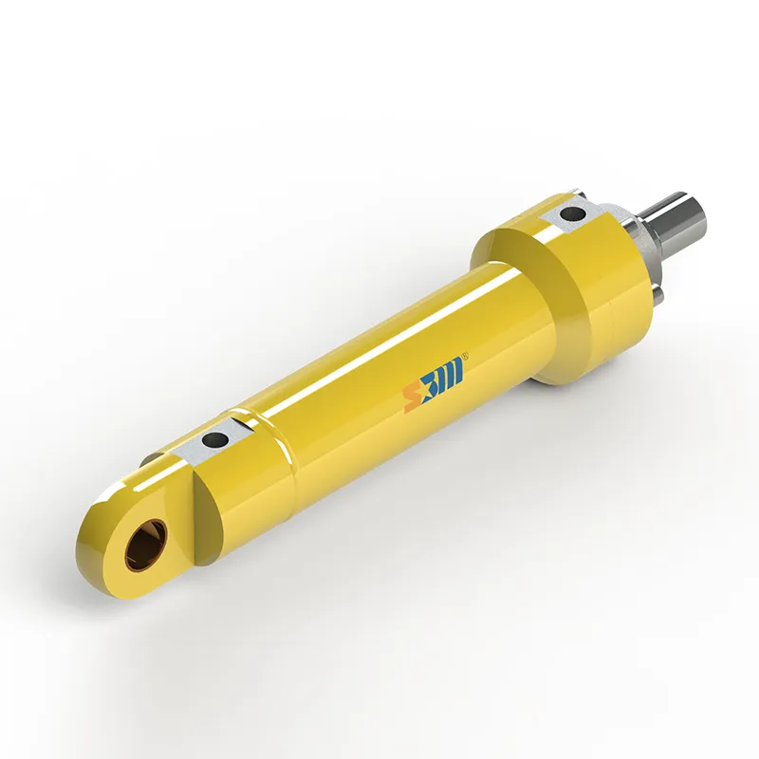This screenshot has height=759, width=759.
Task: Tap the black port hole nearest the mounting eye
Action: [x=217, y=439]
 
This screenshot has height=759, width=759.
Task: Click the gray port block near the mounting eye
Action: [x=210, y=443]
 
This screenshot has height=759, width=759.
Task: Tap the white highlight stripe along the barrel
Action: [x=379, y=332]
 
